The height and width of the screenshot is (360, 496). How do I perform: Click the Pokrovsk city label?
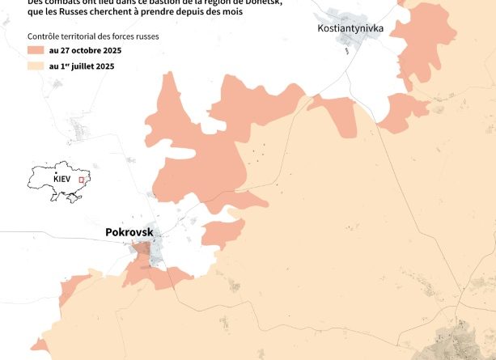[129, 232]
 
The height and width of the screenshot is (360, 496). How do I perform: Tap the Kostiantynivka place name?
[350, 28]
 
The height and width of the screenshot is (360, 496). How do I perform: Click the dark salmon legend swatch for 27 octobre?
[36, 51]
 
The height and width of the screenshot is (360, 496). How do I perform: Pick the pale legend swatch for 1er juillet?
[36, 66]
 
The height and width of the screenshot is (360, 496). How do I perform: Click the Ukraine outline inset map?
[57, 185]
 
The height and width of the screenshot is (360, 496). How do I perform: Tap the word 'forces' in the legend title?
[123, 36]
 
